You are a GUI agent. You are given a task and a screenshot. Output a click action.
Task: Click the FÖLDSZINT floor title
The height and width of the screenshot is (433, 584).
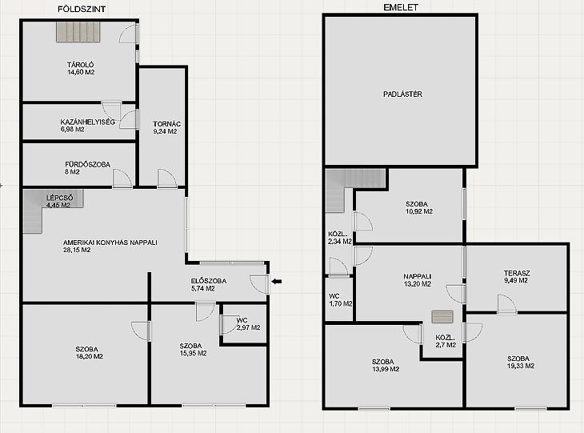82,10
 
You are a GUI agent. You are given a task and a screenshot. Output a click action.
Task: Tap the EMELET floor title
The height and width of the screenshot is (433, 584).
401,7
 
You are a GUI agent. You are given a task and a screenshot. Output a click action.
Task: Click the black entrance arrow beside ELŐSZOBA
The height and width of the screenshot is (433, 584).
276,282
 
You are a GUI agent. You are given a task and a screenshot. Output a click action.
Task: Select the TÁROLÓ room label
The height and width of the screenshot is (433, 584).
81,65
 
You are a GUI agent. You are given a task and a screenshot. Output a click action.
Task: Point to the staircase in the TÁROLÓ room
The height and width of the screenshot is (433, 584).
78,32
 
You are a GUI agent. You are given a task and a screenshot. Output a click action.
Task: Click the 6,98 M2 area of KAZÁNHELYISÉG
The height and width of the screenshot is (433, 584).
72,130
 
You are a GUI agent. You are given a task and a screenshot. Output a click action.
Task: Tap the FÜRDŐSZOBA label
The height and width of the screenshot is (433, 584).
87,164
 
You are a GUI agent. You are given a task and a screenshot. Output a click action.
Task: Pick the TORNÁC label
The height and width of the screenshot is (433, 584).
167,124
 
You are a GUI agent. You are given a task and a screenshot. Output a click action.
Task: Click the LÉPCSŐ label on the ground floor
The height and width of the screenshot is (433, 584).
59,198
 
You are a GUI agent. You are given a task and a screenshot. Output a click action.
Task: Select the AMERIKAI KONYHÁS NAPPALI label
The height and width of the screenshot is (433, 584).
110,243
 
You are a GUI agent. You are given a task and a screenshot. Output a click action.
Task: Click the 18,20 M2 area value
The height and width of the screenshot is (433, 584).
90,356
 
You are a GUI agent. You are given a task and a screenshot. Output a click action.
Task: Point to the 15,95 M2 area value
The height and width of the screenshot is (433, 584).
194,353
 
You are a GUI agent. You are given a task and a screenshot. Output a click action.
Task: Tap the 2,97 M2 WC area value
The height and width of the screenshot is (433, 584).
249,327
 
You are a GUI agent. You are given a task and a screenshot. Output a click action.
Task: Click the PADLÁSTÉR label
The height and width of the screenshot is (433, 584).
402,94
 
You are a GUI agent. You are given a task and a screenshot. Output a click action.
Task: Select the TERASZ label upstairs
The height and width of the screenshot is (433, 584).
517,273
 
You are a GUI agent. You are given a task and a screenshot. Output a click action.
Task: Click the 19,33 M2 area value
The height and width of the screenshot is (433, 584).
521,366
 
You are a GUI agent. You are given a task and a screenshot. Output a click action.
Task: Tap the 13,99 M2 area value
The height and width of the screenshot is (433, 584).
386,369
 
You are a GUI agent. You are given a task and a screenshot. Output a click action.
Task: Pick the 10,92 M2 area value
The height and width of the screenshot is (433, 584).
419,211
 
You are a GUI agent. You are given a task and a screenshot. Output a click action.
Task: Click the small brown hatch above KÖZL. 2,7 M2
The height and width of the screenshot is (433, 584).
442,317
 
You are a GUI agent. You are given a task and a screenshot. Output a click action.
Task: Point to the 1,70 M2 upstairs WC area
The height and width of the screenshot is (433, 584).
341,303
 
